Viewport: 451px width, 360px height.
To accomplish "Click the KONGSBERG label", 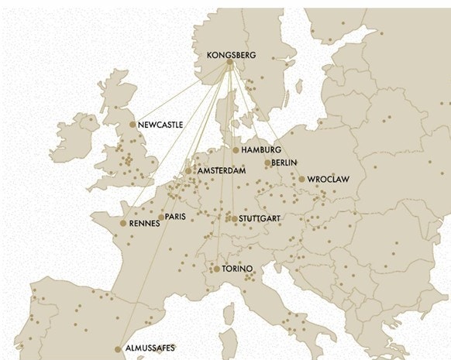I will [231, 56].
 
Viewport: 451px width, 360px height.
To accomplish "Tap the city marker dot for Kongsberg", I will [229, 64].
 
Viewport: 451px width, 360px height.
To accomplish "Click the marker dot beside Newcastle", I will [133, 124].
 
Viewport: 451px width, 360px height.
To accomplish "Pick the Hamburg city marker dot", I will [236, 150].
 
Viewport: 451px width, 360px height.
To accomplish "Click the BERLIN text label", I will [286, 163].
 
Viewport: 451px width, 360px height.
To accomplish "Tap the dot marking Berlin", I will [267, 163].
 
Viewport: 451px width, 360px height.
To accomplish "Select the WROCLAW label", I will [329, 180].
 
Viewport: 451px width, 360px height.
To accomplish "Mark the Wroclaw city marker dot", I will [302, 180].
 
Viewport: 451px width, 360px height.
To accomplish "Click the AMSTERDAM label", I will [222, 170].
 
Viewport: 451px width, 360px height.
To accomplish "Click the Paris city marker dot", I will [160, 218].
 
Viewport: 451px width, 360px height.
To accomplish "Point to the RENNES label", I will [145, 224].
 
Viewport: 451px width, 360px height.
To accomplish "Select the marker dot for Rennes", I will [123, 224].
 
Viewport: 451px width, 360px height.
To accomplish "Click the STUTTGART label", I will [260, 219].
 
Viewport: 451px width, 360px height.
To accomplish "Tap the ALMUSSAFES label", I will [150, 349].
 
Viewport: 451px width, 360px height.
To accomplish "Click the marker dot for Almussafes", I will [119, 349].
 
